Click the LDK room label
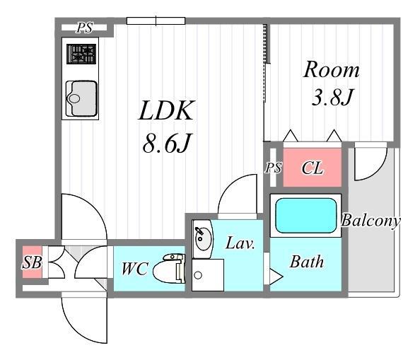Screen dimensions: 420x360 click(166, 110)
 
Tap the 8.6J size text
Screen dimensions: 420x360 click(166, 143)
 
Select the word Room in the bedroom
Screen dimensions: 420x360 click(332, 69)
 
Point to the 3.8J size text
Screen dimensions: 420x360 click(332, 97)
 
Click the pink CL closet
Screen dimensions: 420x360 click(313, 168)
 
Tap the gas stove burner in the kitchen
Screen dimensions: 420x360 click(81, 54)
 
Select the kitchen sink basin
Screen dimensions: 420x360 click(81, 98)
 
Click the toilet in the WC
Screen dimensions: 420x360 click(169, 269)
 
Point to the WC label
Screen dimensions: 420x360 click(134, 269)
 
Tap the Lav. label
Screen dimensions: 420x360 click(240, 243)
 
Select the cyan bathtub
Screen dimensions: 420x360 click(306, 216)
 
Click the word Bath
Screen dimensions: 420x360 click(307, 262)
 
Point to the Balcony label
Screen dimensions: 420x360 click(371, 221)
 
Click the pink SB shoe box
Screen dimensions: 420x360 click(32, 262)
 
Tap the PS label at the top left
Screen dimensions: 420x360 click(85, 28)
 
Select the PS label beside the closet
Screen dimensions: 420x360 click(274, 168)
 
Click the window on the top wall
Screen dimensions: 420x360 click(156, 21)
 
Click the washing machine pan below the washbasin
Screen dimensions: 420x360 click(208, 275)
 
